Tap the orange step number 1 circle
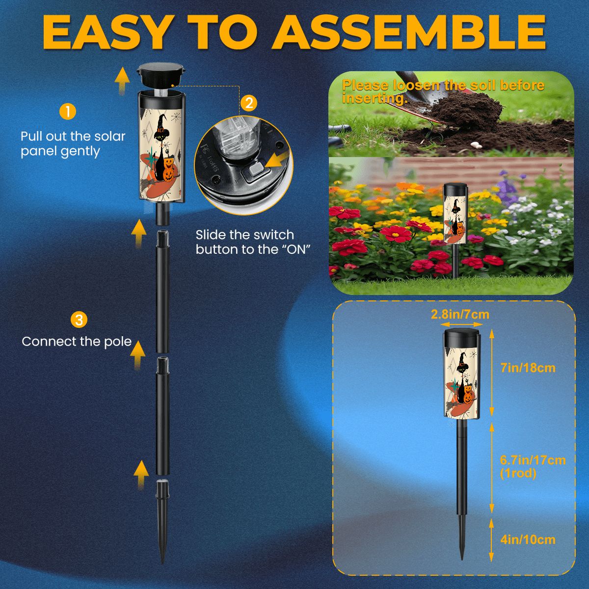point(68,111)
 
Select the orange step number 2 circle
point(249,103)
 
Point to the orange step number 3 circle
point(79,320)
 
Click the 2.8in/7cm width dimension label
point(460,314)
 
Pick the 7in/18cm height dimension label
point(528,368)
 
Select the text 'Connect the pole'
point(77,342)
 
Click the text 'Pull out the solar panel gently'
point(73,144)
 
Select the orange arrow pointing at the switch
point(277,161)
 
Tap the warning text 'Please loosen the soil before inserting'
point(443,91)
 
